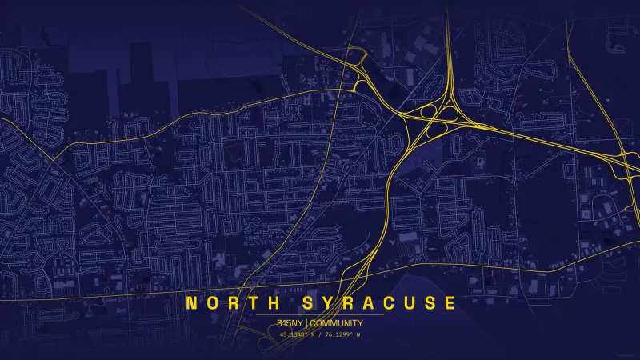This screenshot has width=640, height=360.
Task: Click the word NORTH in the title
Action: (x=233, y=303)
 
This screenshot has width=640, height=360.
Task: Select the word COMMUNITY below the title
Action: (x=337, y=323)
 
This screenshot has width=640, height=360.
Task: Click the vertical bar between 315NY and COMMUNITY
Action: (x=306, y=323)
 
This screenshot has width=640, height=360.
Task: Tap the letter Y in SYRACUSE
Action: (x=332, y=303)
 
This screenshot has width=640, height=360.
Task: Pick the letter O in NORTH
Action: (x=213, y=303)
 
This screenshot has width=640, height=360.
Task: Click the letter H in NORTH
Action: (x=274, y=303)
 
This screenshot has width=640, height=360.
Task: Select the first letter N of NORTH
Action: (x=192, y=303)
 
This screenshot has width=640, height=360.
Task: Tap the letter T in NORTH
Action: (x=254, y=303)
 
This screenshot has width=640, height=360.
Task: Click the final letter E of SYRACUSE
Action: (x=450, y=303)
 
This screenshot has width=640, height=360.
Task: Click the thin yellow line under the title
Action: (x=320, y=315)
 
